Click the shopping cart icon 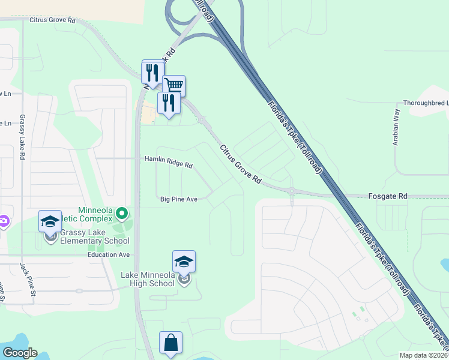[173, 86]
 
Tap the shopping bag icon [170, 343]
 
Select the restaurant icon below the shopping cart [169, 103]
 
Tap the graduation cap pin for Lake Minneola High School [184, 262]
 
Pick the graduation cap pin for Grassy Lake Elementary [50, 221]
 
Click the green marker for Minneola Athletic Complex [122, 213]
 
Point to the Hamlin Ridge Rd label [168, 162]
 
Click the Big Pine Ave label [179, 199]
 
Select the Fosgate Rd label [387, 196]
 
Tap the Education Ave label [109, 254]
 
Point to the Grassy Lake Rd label [22, 137]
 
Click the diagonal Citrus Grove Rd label [241, 164]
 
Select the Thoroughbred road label [426, 103]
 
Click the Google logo [20, 353]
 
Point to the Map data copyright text [423, 355]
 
